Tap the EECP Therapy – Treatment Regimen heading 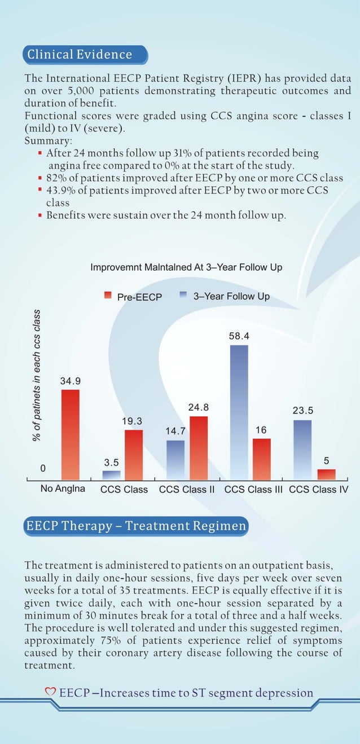136,526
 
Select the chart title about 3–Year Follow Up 186,267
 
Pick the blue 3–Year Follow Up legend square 183,295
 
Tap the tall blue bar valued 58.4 239,412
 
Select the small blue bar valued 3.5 111,474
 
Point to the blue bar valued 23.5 302,449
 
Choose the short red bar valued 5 326,474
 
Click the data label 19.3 132,421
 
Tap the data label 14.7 175,431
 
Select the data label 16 261,430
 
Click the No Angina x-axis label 63,488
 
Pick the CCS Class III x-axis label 253,489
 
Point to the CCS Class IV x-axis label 318,489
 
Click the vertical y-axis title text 37,375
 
